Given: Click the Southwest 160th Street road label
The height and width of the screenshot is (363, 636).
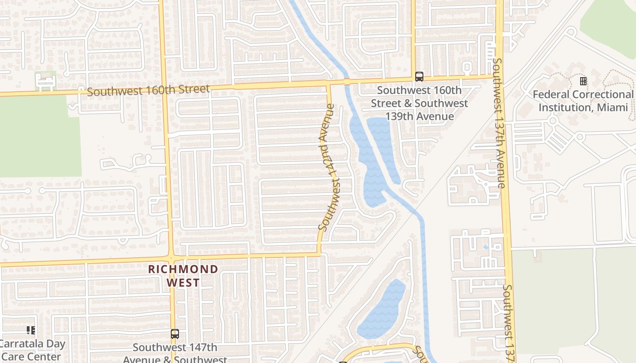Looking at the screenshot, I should tap(148, 90).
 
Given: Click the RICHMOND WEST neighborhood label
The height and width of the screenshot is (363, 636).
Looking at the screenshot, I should tap(183, 276).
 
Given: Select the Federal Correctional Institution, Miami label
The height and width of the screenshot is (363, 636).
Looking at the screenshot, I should tap(583, 101).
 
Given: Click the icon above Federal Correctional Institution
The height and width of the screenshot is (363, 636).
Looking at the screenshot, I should tap(583, 81).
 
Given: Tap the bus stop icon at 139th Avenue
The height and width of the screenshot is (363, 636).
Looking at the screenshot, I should tap(419, 77).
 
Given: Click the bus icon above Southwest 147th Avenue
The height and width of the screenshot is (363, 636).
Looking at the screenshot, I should tap(174, 334).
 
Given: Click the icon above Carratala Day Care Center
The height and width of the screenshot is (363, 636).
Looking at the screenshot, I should tap(31, 330).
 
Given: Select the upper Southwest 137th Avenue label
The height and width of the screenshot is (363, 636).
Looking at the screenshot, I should tap(498, 123).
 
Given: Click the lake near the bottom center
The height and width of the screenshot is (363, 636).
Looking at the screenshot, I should tap(383, 311).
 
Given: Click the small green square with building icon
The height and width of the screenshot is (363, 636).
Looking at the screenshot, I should tap(45, 81).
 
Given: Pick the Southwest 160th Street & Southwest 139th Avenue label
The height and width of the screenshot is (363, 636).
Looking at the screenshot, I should tap(419, 103).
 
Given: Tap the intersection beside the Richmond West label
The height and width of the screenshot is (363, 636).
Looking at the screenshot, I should tap(171, 259).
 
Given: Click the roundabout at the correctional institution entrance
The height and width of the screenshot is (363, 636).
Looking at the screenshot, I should tap(553, 121).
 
